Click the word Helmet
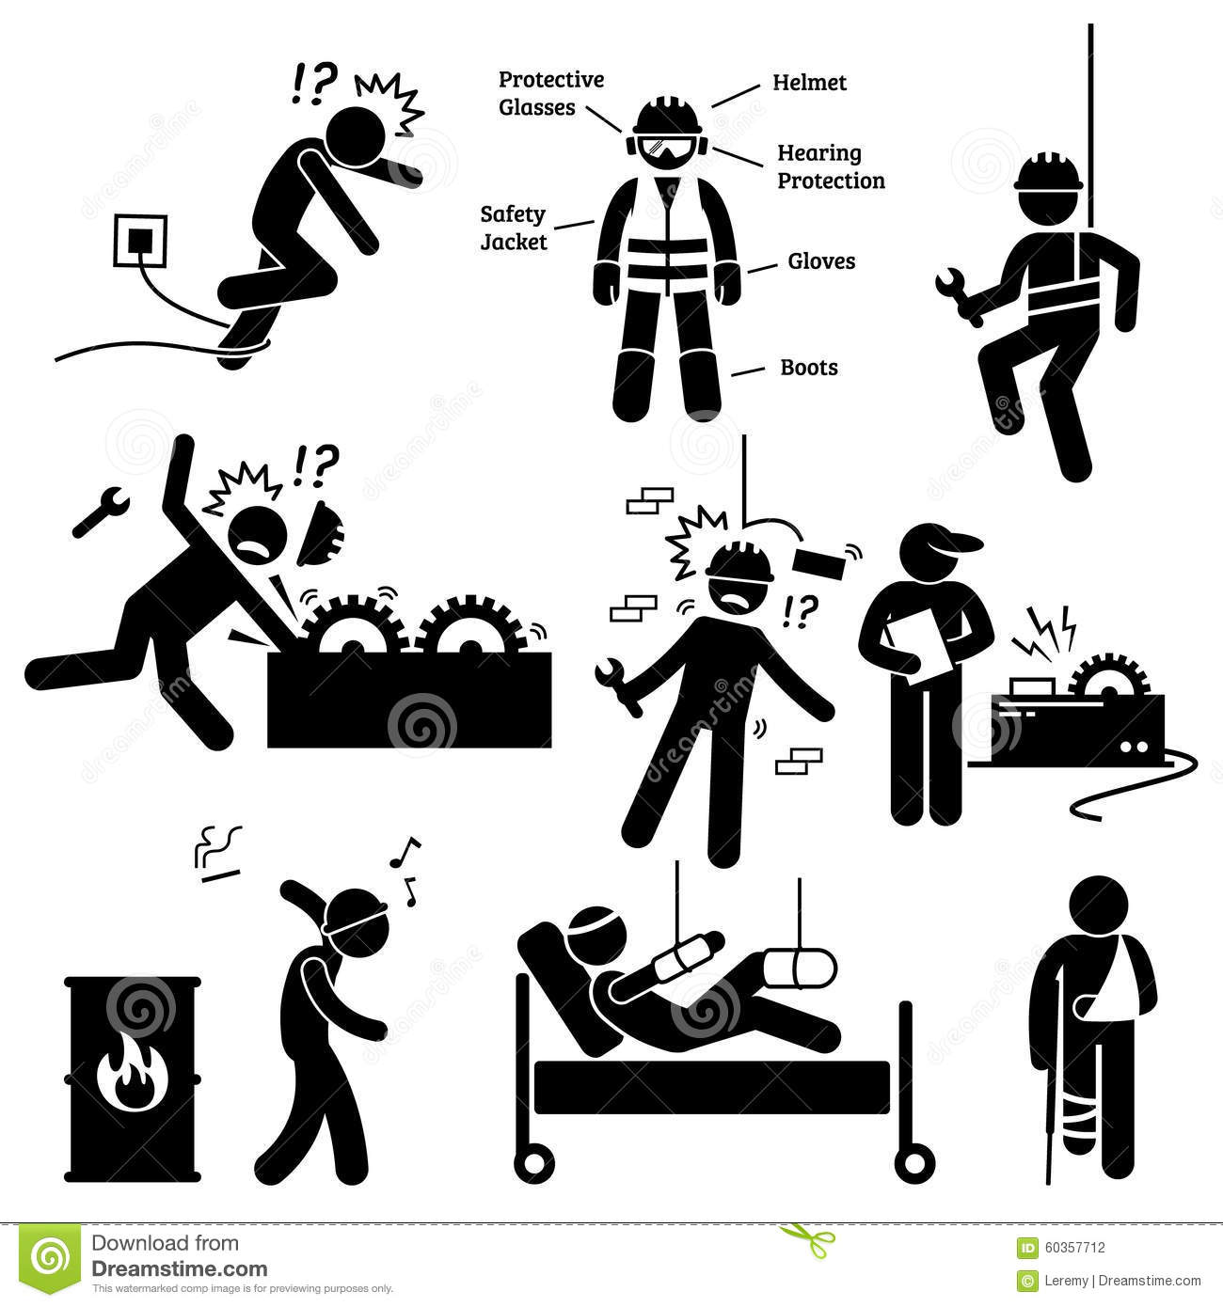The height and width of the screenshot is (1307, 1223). (x=809, y=83)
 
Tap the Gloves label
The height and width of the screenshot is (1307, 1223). (x=821, y=261)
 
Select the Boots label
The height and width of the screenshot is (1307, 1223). (x=809, y=368)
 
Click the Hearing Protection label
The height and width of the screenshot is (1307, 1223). (x=831, y=167)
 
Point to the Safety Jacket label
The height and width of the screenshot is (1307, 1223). (x=514, y=228)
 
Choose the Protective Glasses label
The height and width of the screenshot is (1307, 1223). (x=551, y=93)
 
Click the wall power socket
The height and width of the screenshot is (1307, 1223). (x=140, y=240)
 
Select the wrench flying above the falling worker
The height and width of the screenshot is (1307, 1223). (x=101, y=512)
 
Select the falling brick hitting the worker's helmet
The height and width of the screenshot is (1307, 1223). (x=820, y=565)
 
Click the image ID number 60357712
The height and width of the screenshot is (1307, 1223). (x=1074, y=1248)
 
